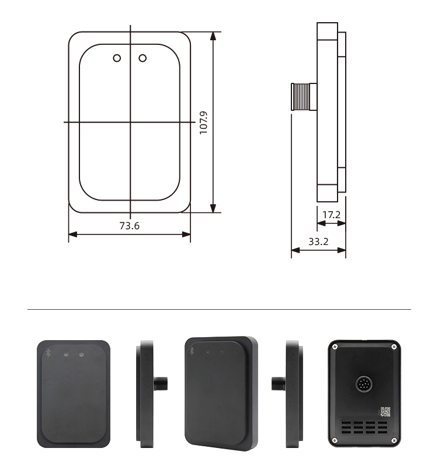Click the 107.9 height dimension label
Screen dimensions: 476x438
[204, 123]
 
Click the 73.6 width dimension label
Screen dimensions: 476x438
[129, 226]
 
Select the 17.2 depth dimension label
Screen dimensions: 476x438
[331, 215]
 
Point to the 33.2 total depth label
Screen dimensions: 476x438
[318, 241]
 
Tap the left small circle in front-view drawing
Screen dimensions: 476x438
[117, 58]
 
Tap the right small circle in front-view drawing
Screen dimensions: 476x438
[142, 58]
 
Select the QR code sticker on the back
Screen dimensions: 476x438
[385, 411]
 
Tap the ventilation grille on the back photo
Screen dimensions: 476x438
[364, 428]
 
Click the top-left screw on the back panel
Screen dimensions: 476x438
[335, 347]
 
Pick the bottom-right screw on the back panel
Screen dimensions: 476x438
[394, 440]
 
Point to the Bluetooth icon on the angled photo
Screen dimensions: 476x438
[192, 351]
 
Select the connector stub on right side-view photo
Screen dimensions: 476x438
[278, 384]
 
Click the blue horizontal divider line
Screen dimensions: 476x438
[219, 309]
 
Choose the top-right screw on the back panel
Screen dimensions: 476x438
[394, 347]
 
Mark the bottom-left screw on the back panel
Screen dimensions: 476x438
[335, 440]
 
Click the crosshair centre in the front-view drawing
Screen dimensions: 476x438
[130, 122]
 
